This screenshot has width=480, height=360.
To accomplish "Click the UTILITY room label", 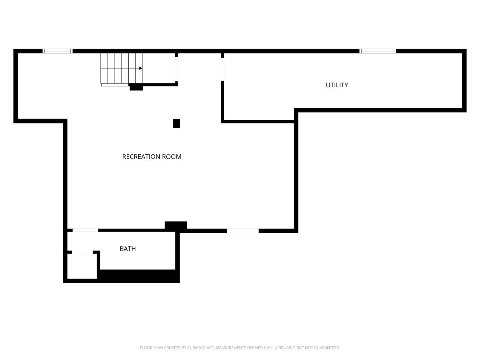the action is tap(337, 85).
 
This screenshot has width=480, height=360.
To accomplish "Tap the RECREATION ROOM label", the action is tap(152, 157).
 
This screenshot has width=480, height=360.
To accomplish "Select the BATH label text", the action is tap(128, 249).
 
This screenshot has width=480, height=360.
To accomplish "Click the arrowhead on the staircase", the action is tap(141, 68).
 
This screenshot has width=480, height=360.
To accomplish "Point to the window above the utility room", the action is tap(378, 51).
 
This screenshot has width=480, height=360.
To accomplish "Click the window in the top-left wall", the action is tap(58, 51).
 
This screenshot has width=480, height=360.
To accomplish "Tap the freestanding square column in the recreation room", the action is tap(176, 123).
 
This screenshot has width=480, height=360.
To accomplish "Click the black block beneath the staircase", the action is tap(136, 87).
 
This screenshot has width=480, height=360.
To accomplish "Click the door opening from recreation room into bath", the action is tap(85, 230).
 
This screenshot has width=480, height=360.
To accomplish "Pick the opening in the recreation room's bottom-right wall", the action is tap(243, 231).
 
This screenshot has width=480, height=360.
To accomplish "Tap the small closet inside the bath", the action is tap(82, 266).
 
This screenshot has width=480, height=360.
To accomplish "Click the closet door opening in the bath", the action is tap(82, 252).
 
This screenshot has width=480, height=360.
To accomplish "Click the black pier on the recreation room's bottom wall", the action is tap(176, 226).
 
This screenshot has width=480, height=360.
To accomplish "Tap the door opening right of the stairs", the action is tap(176, 69).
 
